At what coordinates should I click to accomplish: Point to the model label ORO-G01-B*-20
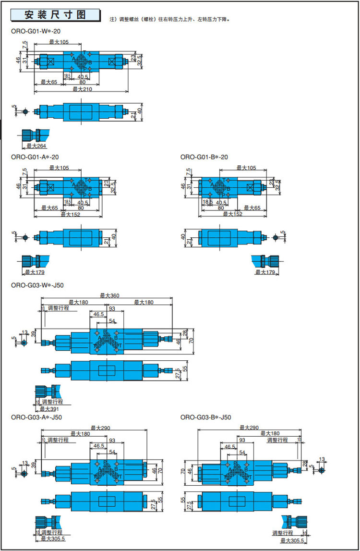[x=204, y=157]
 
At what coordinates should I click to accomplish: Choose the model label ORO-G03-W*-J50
[x=37, y=285]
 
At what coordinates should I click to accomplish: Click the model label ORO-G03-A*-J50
[x=36, y=417]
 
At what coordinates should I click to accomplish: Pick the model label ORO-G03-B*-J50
[x=206, y=417]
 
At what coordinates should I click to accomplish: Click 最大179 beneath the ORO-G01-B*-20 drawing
[x=265, y=272]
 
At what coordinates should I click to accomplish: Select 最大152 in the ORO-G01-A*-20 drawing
[x=70, y=214]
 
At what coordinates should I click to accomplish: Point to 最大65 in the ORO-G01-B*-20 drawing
[x=252, y=208]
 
